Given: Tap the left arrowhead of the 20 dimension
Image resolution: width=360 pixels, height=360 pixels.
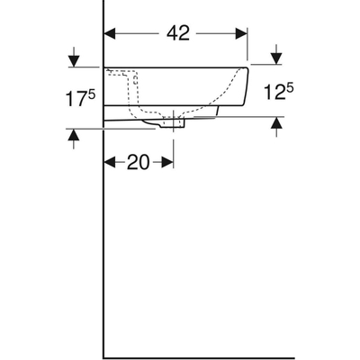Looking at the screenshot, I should pyautogui.click(x=111, y=162).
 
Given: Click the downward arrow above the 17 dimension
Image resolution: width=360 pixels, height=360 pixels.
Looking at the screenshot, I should pyautogui.click(x=73, y=60).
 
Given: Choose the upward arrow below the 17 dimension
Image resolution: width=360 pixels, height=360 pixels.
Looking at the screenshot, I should pyautogui.click(x=73, y=135).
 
